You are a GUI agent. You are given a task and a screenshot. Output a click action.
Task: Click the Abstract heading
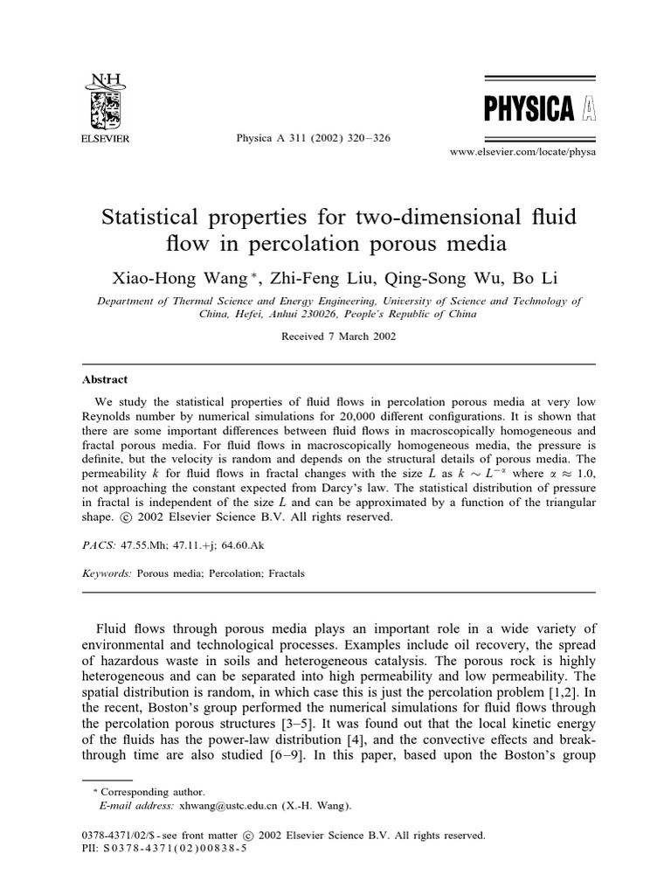pos(105,379)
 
